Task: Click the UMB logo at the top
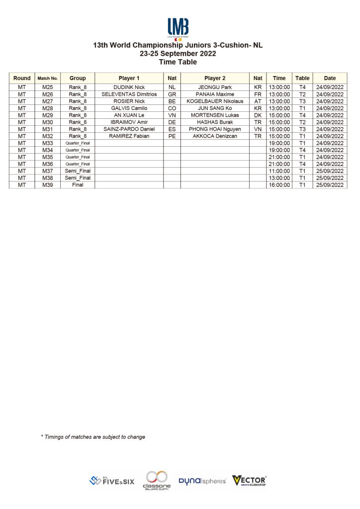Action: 178,28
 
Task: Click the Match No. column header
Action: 48,78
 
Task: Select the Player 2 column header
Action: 215,78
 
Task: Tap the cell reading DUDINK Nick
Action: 129,87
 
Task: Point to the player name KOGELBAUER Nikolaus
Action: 215,101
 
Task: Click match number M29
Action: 48,115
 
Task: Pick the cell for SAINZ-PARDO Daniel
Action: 129,129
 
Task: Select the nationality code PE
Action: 172,136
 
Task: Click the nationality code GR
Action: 172,94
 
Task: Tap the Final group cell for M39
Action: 78,185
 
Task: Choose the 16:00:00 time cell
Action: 279,185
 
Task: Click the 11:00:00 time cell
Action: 279,171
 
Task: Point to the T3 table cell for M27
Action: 302,101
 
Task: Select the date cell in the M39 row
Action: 330,185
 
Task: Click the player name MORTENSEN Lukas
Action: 215,115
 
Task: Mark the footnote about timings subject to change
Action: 93,437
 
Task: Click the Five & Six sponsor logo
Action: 112,481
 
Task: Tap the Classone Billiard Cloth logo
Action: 157,480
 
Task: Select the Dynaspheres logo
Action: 202,481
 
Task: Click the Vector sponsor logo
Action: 250,480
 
